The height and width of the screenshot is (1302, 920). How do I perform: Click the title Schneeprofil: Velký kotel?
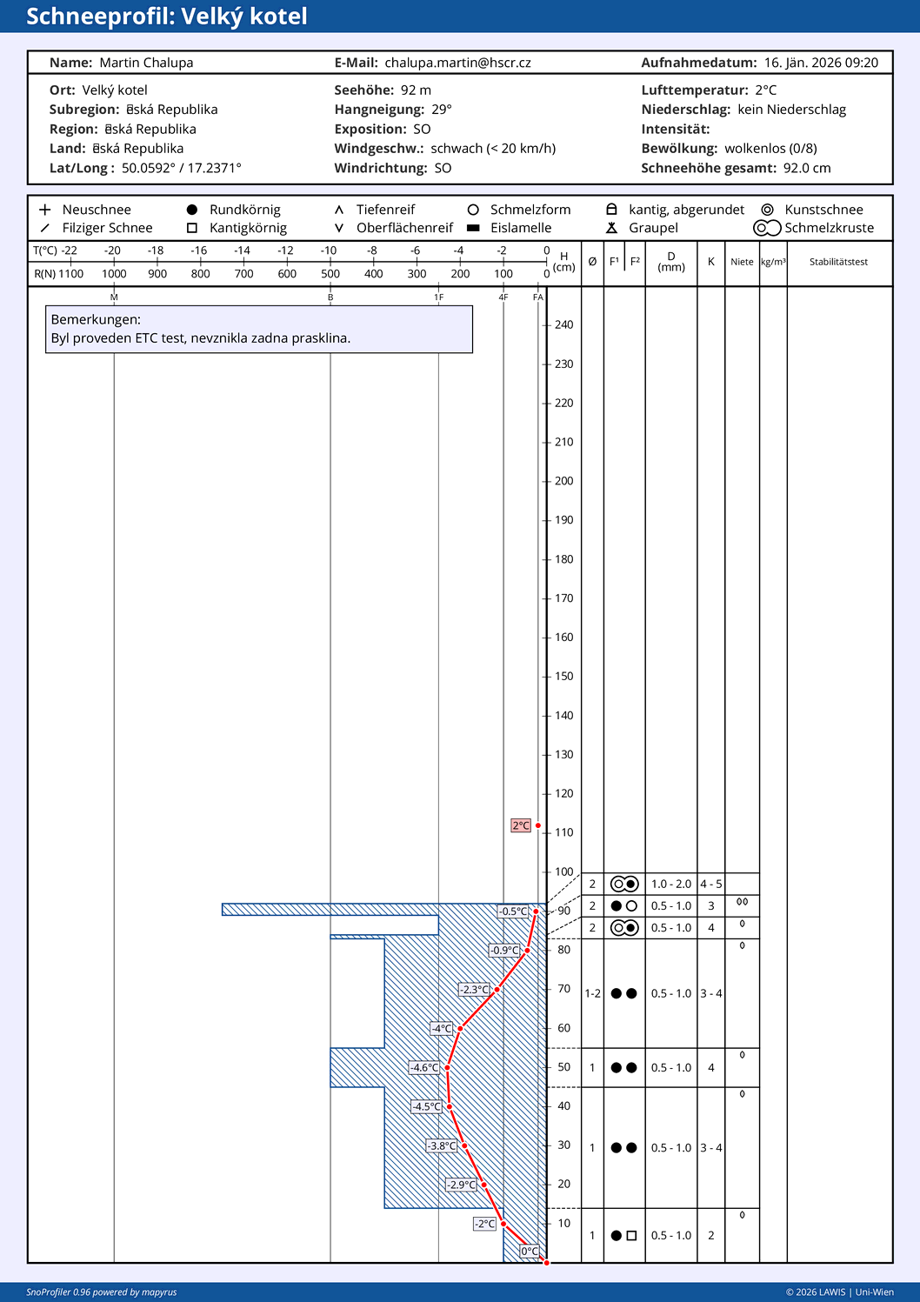(x=166, y=17)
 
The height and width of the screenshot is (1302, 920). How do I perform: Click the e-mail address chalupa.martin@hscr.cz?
(x=457, y=63)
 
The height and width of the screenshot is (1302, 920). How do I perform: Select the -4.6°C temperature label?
(x=425, y=1067)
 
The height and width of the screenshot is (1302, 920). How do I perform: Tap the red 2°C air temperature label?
(x=520, y=825)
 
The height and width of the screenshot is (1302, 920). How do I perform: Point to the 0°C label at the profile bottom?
(x=530, y=1252)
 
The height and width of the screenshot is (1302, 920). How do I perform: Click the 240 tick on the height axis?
(x=563, y=325)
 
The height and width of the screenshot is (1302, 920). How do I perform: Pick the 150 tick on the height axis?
(x=563, y=677)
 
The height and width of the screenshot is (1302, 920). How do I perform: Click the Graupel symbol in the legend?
(x=611, y=228)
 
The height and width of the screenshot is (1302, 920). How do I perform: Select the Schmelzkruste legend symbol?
(x=767, y=228)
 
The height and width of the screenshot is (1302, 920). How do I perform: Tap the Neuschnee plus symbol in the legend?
(x=45, y=210)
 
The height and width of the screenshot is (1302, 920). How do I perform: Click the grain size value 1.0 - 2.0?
(x=670, y=884)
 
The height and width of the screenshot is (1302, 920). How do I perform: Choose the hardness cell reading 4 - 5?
(x=710, y=884)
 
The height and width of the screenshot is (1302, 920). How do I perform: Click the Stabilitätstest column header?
(x=838, y=262)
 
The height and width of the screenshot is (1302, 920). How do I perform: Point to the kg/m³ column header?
(x=773, y=262)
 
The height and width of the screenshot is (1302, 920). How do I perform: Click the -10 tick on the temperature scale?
(x=329, y=250)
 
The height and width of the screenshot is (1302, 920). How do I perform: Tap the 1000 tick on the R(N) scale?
(x=114, y=274)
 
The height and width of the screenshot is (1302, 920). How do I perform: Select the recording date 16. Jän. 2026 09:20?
(x=821, y=63)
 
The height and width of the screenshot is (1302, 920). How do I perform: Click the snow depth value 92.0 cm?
(x=807, y=168)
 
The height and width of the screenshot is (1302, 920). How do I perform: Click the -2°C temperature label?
(x=484, y=1224)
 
